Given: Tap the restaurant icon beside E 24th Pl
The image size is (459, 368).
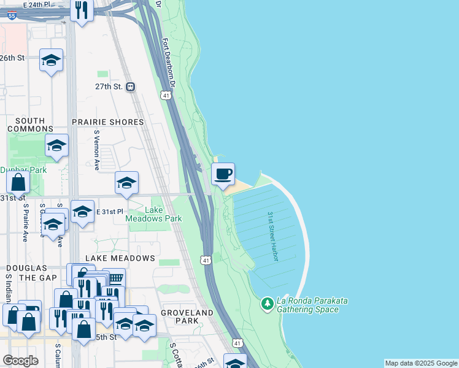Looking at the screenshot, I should point(82,10).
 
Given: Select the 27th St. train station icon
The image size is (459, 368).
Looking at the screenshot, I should point(130,87).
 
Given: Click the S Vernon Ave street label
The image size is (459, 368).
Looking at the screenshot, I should point(97,150).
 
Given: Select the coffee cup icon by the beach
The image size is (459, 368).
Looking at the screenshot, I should point(223,174).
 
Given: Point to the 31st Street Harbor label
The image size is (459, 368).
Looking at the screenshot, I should point(273,236).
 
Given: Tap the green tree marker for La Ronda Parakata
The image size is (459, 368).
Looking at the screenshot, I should point(267,303).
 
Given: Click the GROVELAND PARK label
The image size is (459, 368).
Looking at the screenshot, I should point(187,316).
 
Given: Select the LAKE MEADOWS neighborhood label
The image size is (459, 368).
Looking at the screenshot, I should point(120,258).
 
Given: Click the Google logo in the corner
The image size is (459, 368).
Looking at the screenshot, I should point(20,361).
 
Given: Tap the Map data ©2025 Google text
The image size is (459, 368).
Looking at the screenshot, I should point(421,363).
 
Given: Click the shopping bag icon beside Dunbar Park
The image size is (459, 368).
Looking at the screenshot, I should point(18,182).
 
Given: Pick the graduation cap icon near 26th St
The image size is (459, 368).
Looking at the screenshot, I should point(51,60).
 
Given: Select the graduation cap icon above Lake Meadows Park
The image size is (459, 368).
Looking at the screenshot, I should point(126,183).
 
